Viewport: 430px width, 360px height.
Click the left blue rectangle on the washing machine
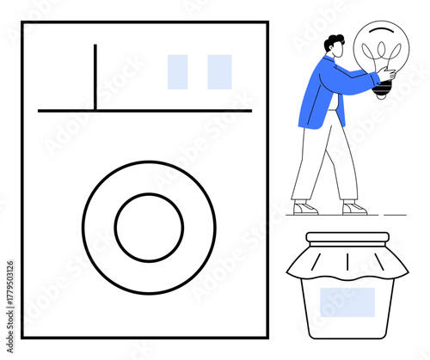point(177,72)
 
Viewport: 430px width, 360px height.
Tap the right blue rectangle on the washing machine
point(219,72)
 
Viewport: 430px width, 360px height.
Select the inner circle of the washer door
point(149,228)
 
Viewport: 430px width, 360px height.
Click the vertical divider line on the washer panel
point(95,77)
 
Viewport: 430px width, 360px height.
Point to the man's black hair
point(334,40)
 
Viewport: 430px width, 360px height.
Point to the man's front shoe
point(354,208)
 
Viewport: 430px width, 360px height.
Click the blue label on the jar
point(347,302)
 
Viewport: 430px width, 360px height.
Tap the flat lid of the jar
point(347,237)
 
